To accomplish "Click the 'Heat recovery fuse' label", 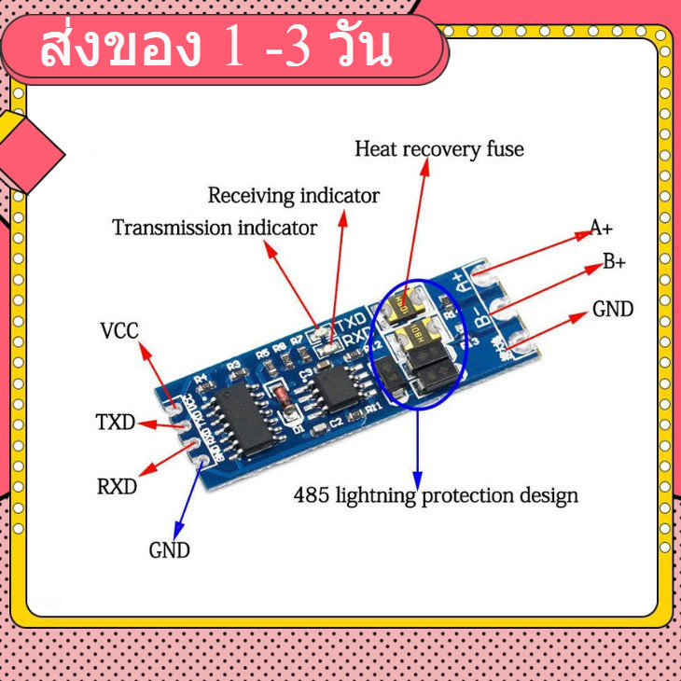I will (439, 148).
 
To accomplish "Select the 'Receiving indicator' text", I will (293, 196).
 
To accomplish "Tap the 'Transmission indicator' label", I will (215, 228).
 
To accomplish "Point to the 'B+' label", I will (613, 262).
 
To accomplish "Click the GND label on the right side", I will (612, 309).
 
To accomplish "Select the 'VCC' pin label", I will (118, 331).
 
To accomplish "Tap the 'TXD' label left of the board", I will (116, 423).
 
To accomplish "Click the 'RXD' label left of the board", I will (117, 487).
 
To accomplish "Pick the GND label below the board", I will (169, 550).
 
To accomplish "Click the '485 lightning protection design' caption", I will (436, 494).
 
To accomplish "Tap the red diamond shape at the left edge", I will (28, 149).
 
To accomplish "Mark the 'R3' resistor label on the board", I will (233, 365).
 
